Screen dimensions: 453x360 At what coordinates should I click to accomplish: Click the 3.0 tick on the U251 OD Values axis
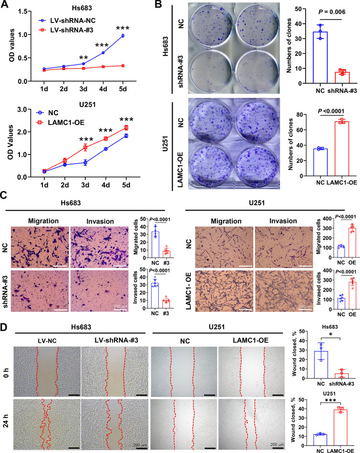coord(22,109)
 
